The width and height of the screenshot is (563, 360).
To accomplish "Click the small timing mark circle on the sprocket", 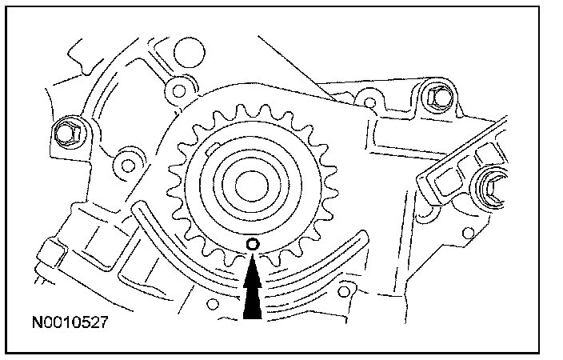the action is point(253,243).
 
